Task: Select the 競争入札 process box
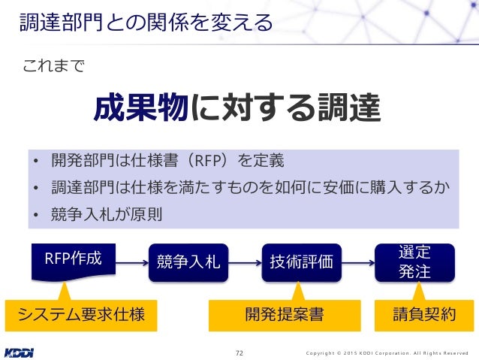click(188, 262)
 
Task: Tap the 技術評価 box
click(301, 262)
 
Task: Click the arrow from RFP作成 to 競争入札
click(125, 262)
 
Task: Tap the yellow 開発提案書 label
click(284, 315)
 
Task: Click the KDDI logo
click(23, 351)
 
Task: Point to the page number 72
click(239, 352)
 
